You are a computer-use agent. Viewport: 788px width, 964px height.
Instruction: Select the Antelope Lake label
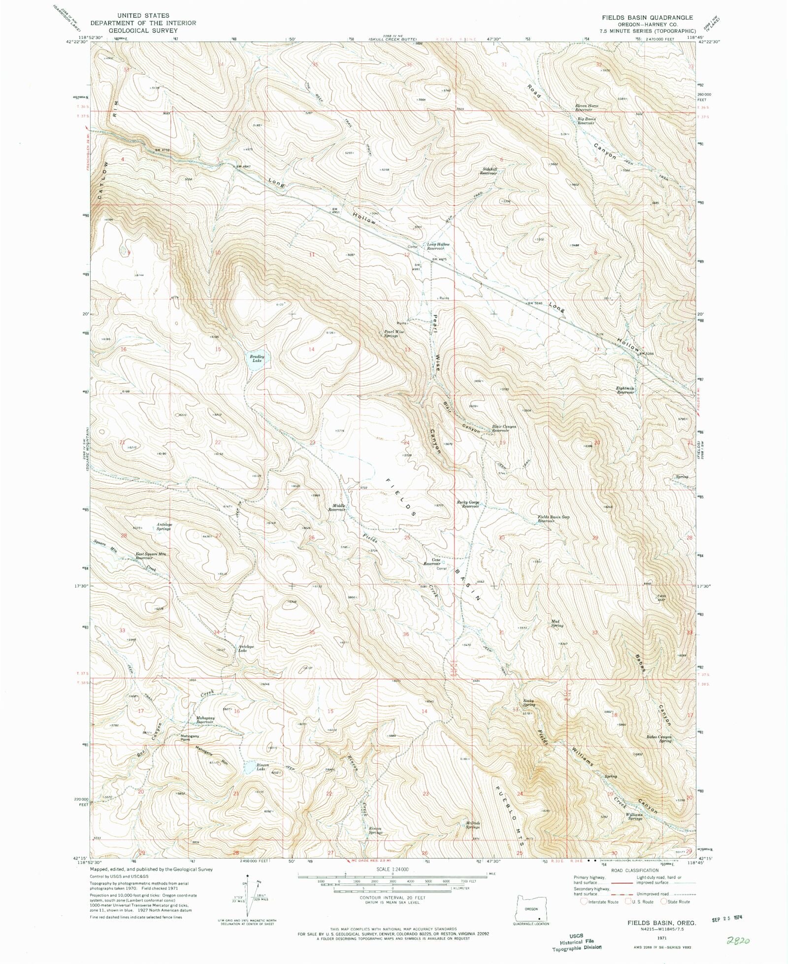point(246,648)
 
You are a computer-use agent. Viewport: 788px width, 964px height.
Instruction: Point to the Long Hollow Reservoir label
point(438,246)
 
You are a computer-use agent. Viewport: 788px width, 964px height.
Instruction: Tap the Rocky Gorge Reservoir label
point(468,504)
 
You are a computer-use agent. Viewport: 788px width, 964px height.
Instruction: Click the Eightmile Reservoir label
point(625,390)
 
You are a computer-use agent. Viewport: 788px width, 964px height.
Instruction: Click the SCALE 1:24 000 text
point(393,868)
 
